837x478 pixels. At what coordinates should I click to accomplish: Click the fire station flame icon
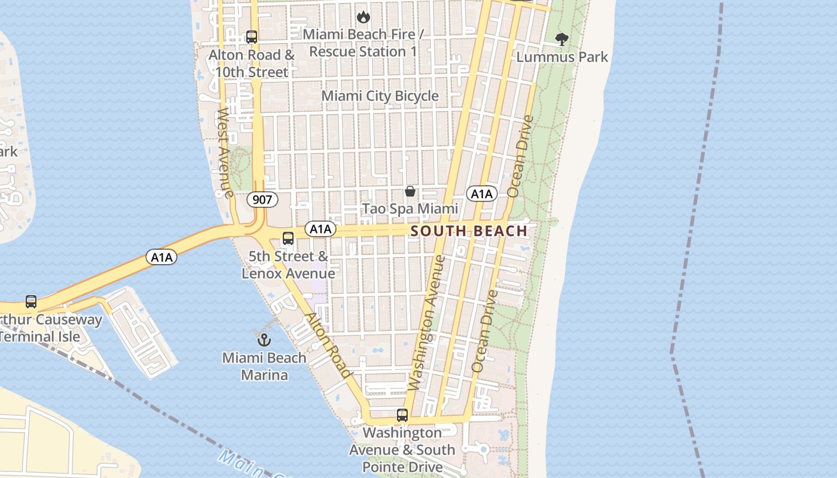pos(363,17)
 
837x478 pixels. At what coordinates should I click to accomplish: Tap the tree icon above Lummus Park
pos(561,39)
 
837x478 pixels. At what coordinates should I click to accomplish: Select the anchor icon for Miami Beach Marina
pos(264,340)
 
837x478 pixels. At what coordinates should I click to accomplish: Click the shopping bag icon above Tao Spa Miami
pos(410,191)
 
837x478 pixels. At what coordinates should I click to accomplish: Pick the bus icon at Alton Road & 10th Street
pos(252,37)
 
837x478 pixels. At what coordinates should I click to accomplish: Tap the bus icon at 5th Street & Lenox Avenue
pos(288,238)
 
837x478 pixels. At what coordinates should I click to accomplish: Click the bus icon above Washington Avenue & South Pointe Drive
pos(402,415)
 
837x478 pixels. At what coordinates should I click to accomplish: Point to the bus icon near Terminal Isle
pos(31,302)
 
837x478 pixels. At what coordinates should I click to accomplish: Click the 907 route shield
pos(262,200)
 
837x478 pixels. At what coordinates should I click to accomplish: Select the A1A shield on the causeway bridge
pos(161,258)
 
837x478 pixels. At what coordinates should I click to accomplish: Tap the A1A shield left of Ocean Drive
pos(481,194)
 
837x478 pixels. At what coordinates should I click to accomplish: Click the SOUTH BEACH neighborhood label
pos(469,231)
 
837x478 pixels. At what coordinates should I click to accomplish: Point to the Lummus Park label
pos(562,57)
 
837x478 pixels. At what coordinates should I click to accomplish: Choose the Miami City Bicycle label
pos(380,96)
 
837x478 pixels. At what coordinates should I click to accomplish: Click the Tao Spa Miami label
pos(411,209)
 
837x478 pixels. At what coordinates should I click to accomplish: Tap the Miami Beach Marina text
pos(264,366)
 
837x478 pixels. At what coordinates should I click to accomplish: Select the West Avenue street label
pos(225,153)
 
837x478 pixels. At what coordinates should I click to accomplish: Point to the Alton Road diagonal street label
pos(328,345)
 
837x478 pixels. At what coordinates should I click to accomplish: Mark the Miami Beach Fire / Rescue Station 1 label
pos(363,43)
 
